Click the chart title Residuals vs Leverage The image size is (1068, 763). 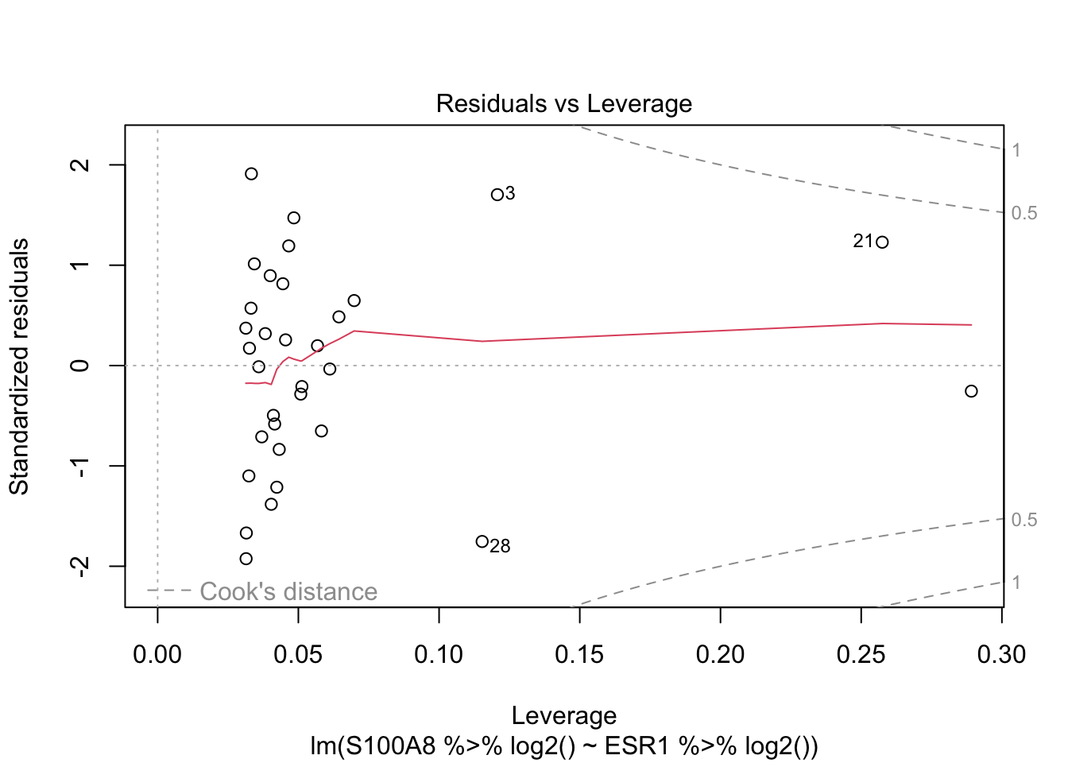pos(563,104)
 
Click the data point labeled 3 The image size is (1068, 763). pos(497,195)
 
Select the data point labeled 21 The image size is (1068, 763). pos(881,242)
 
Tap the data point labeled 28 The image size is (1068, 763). pos(482,541)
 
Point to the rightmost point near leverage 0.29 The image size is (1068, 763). pos(971,391)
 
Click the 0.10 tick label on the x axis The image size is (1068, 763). pos(439,655)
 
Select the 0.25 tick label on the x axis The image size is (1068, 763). pos(861,655)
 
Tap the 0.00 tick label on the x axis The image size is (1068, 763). pos(157,655)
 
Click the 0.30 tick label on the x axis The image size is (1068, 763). pos(1002,655)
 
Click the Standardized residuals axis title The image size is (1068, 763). pos(19,366)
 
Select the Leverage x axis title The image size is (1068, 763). pos(563,715)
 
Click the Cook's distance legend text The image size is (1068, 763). pos(288,591)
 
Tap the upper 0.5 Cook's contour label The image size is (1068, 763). pos(1024,213)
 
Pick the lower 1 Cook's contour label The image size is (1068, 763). pos(1016,583)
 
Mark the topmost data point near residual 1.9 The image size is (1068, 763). pos(251,174)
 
